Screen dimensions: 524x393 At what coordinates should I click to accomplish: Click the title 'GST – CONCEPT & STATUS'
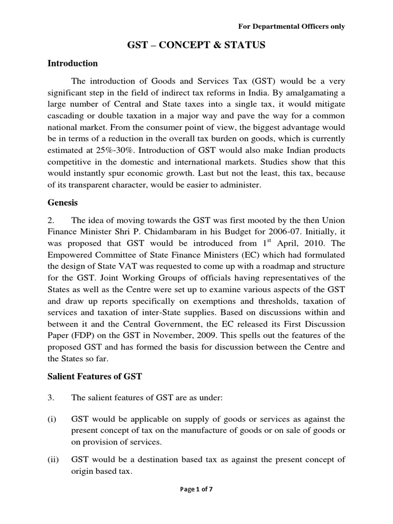[196, 46]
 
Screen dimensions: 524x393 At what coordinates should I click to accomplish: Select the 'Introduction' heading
[73, 63]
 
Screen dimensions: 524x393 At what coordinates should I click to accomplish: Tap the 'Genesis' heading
[62, 203]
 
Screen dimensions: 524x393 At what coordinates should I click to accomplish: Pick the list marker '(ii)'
[53, 460]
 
